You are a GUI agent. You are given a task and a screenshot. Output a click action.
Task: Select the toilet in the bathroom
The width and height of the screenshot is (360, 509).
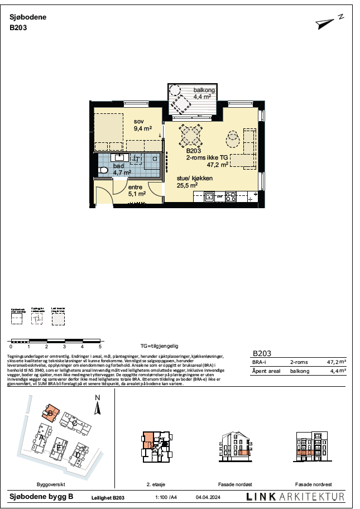[103, 171]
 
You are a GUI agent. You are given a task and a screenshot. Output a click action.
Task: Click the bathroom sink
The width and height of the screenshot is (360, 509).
[119, 157]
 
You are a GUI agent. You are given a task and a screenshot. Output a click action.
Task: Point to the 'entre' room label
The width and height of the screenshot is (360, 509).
[136, 188]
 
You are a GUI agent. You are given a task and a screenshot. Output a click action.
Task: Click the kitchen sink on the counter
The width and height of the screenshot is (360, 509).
[209, 196]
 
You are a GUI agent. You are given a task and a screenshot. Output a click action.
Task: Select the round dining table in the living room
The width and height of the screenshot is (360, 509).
[190, 135]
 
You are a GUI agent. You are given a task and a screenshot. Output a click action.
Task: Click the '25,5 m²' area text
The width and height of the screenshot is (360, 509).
[187, 185]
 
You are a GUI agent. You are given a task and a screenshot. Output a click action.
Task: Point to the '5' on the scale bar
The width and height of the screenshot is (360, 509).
[100, 347]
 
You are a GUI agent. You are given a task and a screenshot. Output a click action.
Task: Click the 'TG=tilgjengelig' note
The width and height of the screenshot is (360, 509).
[159, 347]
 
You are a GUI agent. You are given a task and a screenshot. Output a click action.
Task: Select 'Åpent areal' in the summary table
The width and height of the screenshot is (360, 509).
[267, 371]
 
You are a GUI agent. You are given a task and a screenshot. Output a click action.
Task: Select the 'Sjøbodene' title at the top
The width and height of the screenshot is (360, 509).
[28, 17]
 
